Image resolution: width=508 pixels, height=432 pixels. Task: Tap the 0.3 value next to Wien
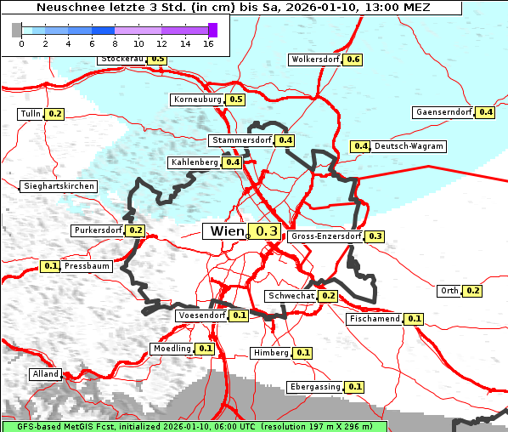267,231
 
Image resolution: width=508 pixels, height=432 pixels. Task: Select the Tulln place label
30,114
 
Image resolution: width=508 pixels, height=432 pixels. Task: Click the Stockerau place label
121,60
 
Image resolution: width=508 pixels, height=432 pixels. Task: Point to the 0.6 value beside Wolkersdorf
353,60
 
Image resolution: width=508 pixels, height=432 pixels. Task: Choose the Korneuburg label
197,99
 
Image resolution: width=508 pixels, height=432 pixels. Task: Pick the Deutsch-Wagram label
409,146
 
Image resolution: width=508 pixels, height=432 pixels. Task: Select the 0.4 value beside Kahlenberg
233,162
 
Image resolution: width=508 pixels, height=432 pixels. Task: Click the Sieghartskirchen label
58,186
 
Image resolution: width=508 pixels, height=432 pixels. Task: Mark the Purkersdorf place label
98,230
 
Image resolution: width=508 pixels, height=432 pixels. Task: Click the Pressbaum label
87,266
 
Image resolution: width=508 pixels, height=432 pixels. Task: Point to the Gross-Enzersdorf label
326,236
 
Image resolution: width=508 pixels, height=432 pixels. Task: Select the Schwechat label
291,296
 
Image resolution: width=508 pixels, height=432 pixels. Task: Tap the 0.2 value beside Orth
473,291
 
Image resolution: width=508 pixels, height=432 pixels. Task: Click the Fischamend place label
374,319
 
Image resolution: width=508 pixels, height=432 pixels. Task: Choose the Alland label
45,374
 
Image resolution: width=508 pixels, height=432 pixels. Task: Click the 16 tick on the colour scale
208,43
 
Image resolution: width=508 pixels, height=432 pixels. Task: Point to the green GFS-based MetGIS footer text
195,426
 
